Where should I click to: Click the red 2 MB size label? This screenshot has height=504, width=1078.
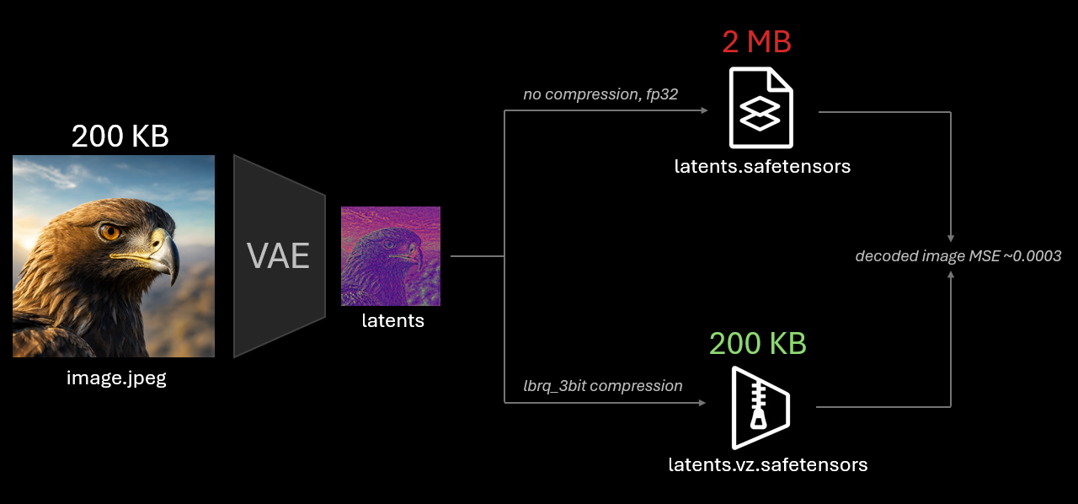coord(756,41)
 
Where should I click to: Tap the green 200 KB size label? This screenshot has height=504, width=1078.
coord(757,343)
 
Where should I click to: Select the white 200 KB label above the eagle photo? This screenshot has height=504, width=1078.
coord(120,136)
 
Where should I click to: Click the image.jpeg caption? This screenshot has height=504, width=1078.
coord(116,378)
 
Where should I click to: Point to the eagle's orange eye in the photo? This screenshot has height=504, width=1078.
coord(110,232)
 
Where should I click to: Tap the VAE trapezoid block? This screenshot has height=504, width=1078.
coord(279,256)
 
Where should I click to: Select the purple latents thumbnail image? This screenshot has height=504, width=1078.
coord(391,256)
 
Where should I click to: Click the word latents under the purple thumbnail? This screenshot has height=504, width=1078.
coord(392,320)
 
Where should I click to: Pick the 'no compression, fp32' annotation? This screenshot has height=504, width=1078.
coord(600,94)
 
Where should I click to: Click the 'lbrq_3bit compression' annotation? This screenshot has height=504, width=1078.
coord(602,386)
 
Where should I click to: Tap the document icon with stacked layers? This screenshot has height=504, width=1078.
coord(760,107)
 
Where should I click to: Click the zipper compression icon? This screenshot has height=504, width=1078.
coord(760,408)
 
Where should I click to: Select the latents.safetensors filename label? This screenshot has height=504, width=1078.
coord(762,166)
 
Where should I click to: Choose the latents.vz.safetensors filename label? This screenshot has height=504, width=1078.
coord(768,465)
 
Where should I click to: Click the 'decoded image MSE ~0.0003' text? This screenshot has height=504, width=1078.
coord(958,256)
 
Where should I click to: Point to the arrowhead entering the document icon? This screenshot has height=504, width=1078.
coord(704,110)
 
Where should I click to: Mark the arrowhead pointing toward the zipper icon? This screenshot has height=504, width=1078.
coord(702,402)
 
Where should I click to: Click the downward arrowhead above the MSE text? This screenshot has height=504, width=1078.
coord(951,239)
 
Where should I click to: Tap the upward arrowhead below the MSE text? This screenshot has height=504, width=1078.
coord(951,275)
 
